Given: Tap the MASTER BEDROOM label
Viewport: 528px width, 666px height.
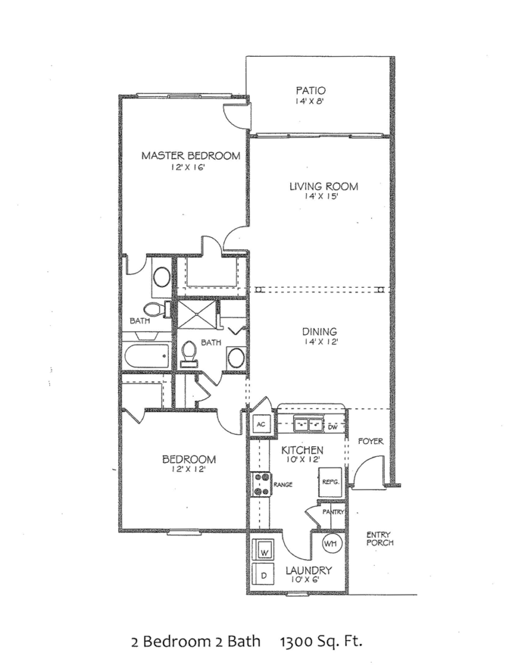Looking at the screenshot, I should pos(190,156).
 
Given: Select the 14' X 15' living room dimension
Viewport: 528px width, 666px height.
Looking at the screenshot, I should pos(323,198).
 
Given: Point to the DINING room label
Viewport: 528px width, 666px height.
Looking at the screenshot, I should pos(319,331).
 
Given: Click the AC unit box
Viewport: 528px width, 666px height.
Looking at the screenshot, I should pos(260,424).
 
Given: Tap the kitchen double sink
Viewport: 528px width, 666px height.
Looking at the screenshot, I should pos(308,424).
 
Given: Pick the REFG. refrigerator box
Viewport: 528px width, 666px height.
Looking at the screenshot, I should pos(329,481).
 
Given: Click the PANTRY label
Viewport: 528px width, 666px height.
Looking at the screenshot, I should pos(333,512).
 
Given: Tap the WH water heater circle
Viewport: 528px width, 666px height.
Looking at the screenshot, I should pos(331,544).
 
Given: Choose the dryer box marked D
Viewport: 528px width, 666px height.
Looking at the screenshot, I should pos(264,574).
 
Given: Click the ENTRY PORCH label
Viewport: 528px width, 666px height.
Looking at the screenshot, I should pos(379,538).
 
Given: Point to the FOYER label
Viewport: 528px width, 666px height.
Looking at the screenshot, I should pos(370,441).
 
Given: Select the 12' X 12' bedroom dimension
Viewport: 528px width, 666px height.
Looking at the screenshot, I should pos(190,470).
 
